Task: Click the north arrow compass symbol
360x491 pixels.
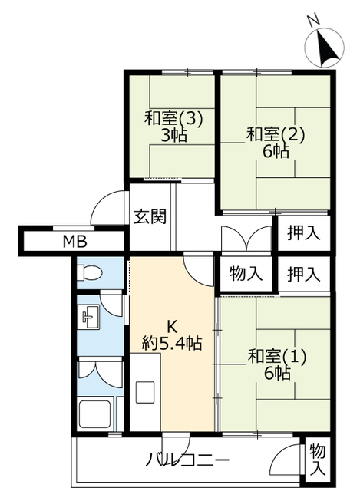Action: pyautogui.click(x=325, y=48)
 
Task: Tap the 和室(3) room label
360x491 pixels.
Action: pyautogui.click(x=173, y=119)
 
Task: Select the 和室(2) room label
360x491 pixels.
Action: pyautogui.click(x=276, y=135)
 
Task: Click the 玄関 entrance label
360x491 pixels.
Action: pyautogui.click(x=150, y=216)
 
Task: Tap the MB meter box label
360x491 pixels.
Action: pyautogui.click(x=75, y=242)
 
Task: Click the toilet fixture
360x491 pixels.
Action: pyautogui.click(x=90, y=272)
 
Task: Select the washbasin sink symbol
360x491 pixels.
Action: pyautogui.click(x=89, y=317)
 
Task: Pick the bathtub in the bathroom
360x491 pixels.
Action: pyautogui.click(x=94, y=414)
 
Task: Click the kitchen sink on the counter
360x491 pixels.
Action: pyautogui.click(x=145, y=392)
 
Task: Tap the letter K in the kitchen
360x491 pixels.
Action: pyautogui.click(x=172, y=328)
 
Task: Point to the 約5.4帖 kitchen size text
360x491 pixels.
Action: pyautogui.click(x=172, y=343)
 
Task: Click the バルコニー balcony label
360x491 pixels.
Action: pyautogui.click(x=188, y=460)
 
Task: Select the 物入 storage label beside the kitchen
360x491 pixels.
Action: pyautogui.click(x=246, y=273)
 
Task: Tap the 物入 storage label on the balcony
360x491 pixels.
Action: pyautogui.click(x=318, y=460)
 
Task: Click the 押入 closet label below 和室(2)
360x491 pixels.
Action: pyautogui.click(x=304, y=232)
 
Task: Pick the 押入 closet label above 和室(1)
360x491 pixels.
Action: pyautogui.click(x=304, y=274)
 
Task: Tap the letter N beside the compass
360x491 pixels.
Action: pyautogui.click(x=313, y=21)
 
